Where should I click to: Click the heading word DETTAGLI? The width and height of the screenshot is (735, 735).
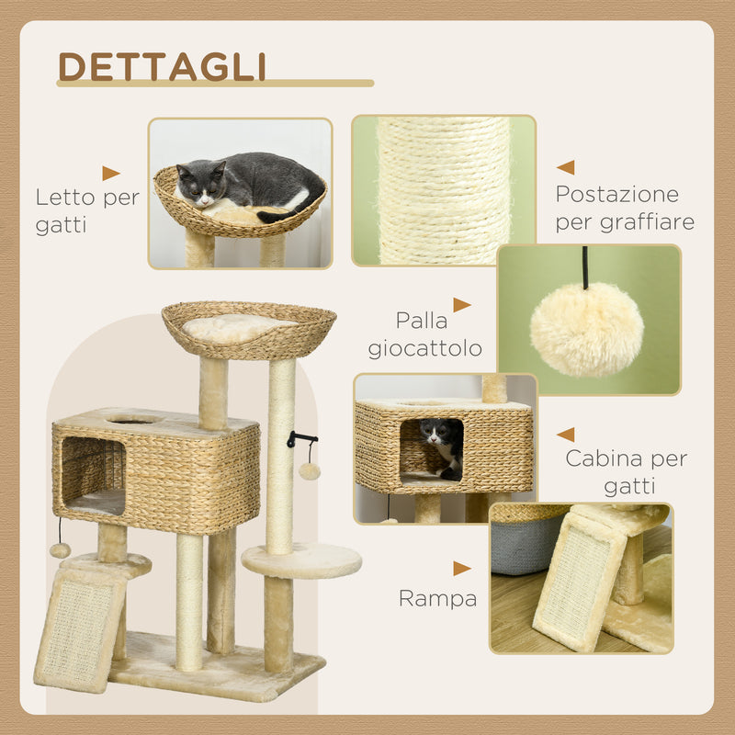[162, 66]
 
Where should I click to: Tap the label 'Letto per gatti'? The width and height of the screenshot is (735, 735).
[87, 210]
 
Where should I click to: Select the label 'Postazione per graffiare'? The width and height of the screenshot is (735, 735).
[624, 208]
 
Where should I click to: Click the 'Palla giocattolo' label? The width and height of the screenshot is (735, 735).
[424, 334]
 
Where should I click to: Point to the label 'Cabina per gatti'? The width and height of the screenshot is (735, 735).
[626, 471]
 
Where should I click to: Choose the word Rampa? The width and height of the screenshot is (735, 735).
[437, 599]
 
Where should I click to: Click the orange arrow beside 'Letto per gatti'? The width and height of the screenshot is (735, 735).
[111, 173]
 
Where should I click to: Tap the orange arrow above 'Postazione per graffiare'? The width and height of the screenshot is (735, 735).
[565, 167]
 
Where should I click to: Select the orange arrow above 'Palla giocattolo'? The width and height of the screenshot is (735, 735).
[461, 305]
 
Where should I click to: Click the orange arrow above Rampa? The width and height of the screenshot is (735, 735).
[461, 569]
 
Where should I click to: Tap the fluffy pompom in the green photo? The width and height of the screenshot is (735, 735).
[586, 330]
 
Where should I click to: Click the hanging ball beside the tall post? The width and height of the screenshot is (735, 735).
[310, 471]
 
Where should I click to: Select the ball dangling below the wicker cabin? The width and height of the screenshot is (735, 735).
[61, 549]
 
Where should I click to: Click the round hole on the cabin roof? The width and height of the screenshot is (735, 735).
[133, 419]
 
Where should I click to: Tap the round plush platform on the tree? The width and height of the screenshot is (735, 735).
[301, 559]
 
